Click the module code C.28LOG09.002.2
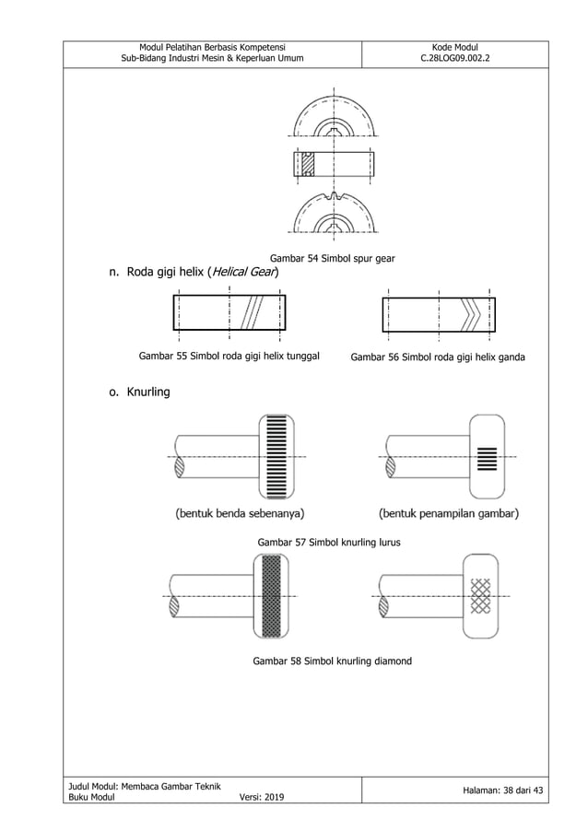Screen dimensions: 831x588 454,60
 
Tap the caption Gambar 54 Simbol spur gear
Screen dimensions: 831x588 332,259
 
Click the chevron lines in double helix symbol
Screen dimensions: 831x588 471,314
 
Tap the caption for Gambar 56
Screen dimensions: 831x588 438,357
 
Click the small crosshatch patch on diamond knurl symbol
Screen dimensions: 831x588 480,596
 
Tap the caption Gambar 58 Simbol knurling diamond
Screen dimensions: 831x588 332,661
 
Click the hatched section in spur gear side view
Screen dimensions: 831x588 308,163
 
